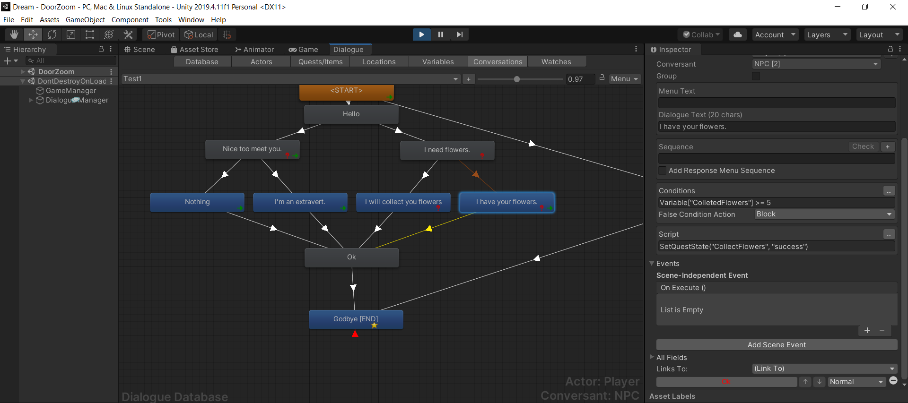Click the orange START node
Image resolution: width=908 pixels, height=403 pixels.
[x=347, y=92]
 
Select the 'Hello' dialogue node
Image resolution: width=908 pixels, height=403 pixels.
[x=351, y=114]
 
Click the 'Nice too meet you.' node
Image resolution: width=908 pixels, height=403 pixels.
[x=253, y=149]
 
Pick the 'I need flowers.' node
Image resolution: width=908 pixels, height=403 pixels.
[x=447, y=150]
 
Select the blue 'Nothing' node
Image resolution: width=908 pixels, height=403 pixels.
[x=197, y=202]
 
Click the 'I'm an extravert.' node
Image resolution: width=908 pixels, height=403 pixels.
[x=300, y=202]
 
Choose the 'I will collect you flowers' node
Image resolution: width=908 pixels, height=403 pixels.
[x=403, y=202]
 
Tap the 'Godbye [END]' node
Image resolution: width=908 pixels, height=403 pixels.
[x=356, y=319]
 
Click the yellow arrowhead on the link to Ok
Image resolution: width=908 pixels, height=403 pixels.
[x=429, y=229]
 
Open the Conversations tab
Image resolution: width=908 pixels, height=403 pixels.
[x=498, y=62]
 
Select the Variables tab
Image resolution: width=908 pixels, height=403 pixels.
[x=438, y=62]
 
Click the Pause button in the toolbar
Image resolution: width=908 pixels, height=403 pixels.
[x=441, y=34]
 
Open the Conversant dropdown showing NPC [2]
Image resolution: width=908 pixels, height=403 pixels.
[x=816, y=64]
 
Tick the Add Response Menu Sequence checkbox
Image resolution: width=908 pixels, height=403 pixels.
[x=663, y=171]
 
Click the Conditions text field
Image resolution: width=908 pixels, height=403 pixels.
[x=777, y=203]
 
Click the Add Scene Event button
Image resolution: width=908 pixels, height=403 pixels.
[x=777, y=345]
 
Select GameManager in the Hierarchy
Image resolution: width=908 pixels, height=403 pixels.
[x=71, y=91]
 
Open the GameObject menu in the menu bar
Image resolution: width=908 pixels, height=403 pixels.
[x=85, y=20]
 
